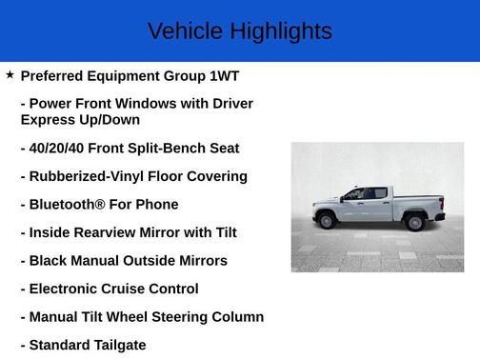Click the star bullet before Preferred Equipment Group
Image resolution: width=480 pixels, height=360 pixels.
click(10, 74)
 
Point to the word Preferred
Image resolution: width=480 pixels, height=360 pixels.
click(55, 75)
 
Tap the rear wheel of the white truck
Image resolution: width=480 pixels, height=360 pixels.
click(414, 223)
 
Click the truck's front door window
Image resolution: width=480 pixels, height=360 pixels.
click(354, 194)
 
